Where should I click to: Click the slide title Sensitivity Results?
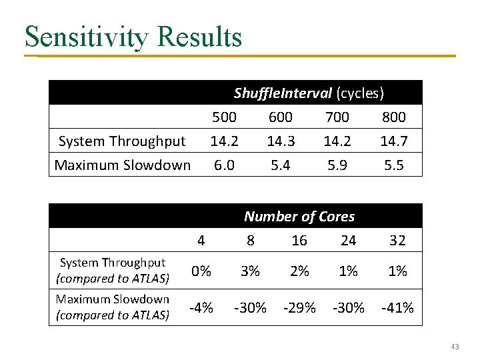(133, 37)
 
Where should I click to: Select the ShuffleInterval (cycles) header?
(309, 93)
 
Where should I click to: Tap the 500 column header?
(224, 117)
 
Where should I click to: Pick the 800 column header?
(393, 117)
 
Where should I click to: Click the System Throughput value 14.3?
(280, 141)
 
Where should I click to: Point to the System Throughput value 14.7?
(393, 141)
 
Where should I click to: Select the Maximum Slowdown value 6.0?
(224, 165)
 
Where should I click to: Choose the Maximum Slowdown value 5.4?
(280, 165)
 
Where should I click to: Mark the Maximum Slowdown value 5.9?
(337, 165)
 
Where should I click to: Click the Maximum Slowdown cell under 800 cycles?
(393, 165)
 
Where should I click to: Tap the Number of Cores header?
(299, 217)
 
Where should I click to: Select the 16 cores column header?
(299, 241)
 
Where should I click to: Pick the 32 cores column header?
(397, 241)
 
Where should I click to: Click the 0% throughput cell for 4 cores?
(201, 271)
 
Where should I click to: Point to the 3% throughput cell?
(250, 271)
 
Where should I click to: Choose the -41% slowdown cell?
(397, 308)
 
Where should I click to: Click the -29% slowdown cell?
(299, 308)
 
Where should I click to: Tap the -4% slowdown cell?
(201, 308)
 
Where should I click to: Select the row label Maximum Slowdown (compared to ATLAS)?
(113, 307)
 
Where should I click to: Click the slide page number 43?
(455, 347)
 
